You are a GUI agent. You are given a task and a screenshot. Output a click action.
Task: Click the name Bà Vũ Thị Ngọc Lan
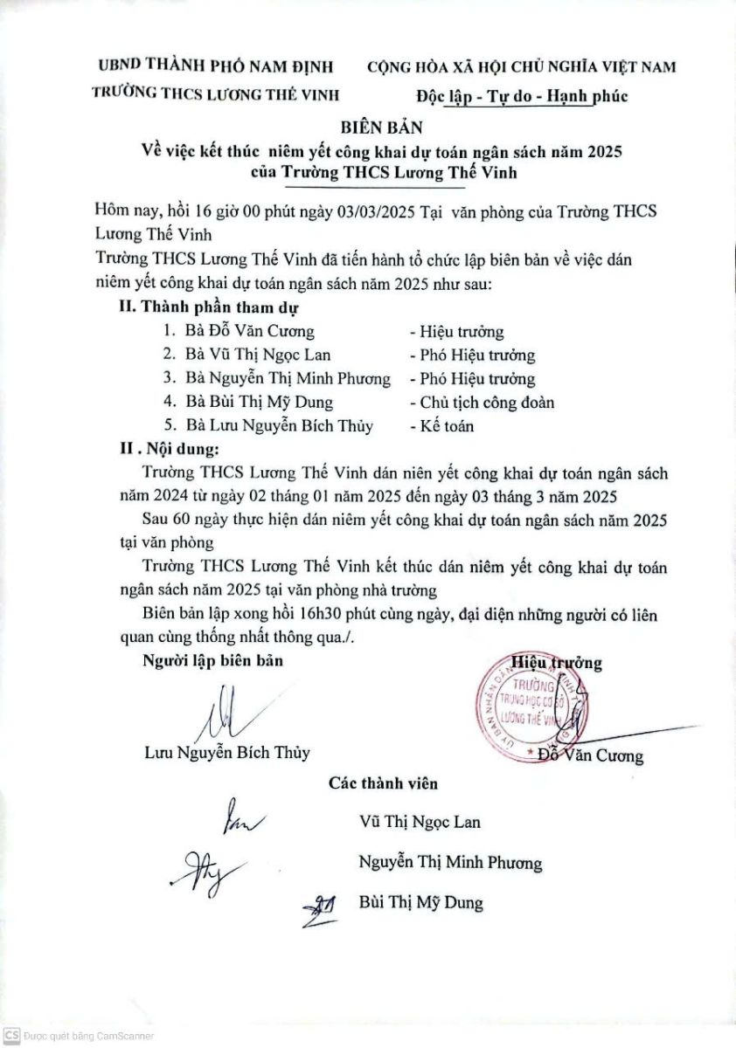coord(259,355)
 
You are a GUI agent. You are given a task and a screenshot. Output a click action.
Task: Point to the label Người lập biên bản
coord(212,661)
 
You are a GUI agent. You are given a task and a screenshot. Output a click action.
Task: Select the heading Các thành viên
coord(383,783)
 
